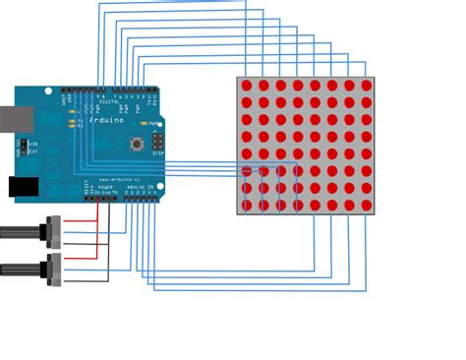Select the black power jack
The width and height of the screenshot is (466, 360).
pyautogui.click(x=22, y=187)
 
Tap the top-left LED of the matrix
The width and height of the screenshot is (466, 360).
pyautogui.click(x=246, y=86)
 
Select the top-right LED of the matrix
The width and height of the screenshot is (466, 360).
pyautogui.click(x=367, y=86)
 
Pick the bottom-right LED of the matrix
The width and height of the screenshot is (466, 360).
pyautogui.click(x=367, y=206)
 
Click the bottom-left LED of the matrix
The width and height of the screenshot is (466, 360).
pyautogui.click(x=246, y=206)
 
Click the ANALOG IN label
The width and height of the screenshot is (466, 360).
pyautogui.click(x=142, y=187)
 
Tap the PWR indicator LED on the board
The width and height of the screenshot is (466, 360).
pyautogui.click(x=145, y=124)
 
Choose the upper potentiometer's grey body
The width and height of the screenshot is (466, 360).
pyautogui.click(x=55, y=231)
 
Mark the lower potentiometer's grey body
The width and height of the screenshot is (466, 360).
pyautogui.click(x=55, y=266)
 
